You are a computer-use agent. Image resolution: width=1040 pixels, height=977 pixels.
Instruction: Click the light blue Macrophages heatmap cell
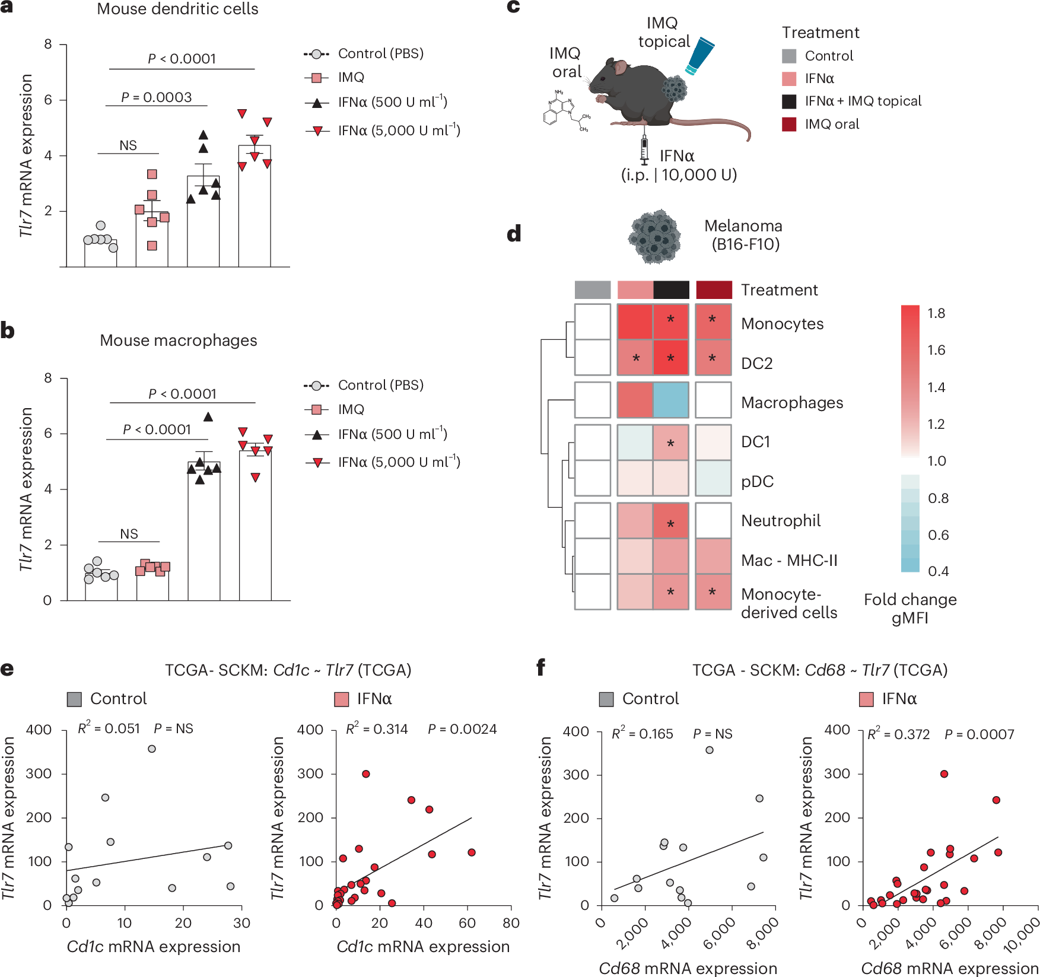click(x=671, y=400)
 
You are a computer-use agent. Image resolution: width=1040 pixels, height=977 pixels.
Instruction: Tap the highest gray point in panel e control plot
click(x=152, y=749)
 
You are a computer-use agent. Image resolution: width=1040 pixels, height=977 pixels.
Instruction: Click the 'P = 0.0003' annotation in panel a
click(x=157, y=97)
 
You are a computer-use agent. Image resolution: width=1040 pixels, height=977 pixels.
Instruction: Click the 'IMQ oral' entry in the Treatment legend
click(x=832, y=124)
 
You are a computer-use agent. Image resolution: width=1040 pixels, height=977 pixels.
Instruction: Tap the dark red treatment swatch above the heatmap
click(x=713, y=289)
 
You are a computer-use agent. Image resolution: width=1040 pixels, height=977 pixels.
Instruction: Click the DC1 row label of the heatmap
click(x=756, y=442)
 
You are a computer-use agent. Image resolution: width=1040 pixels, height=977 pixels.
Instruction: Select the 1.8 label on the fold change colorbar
click(x=936, y=313)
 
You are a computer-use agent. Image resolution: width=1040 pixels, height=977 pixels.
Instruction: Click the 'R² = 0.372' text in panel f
click(x=899, y=734)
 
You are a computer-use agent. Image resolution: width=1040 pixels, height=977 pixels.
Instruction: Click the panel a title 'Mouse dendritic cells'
click(x=177, y=9)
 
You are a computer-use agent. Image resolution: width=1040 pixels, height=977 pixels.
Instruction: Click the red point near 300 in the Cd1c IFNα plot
click(x=366, y=774)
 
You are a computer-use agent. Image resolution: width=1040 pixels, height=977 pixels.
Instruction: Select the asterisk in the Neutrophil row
click(x=670, y=524)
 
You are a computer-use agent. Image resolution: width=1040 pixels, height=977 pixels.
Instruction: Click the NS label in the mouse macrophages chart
click(x=129, y=534)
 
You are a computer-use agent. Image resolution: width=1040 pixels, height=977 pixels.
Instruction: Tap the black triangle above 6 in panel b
click(x=208, y=417)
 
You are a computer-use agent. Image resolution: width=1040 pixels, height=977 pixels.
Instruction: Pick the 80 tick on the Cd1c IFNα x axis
click(x=511, y=923)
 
